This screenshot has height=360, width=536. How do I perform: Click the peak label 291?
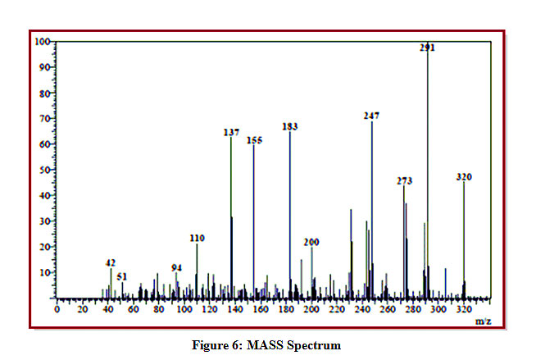point(427,48)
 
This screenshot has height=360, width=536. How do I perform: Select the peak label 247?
point(371,116)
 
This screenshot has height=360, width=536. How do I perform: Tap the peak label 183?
point(289,127)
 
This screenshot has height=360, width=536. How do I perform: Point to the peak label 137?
point(231,131)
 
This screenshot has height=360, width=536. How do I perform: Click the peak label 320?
point(464,176)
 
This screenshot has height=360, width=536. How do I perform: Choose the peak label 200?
point(311,242)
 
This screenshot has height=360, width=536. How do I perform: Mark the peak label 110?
point(197,238)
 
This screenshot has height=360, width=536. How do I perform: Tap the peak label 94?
point(176,268)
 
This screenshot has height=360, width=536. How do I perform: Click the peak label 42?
point(111,262)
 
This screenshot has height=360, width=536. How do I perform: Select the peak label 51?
point(122,276)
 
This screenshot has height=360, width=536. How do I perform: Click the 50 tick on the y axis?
point(45,170)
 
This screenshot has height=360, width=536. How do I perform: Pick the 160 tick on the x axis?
point(260,310)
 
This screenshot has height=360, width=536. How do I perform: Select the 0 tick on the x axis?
point(56,310)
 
